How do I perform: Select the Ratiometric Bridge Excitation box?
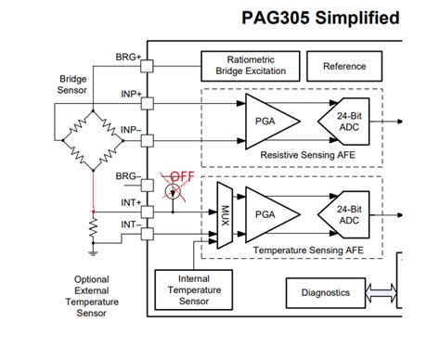(251, 66)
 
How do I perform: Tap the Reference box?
(343, 67)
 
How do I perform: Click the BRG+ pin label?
(127, 57)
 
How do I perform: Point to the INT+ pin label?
(128, 201)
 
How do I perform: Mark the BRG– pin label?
(127, 175)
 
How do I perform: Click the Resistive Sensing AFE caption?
(291, 155)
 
